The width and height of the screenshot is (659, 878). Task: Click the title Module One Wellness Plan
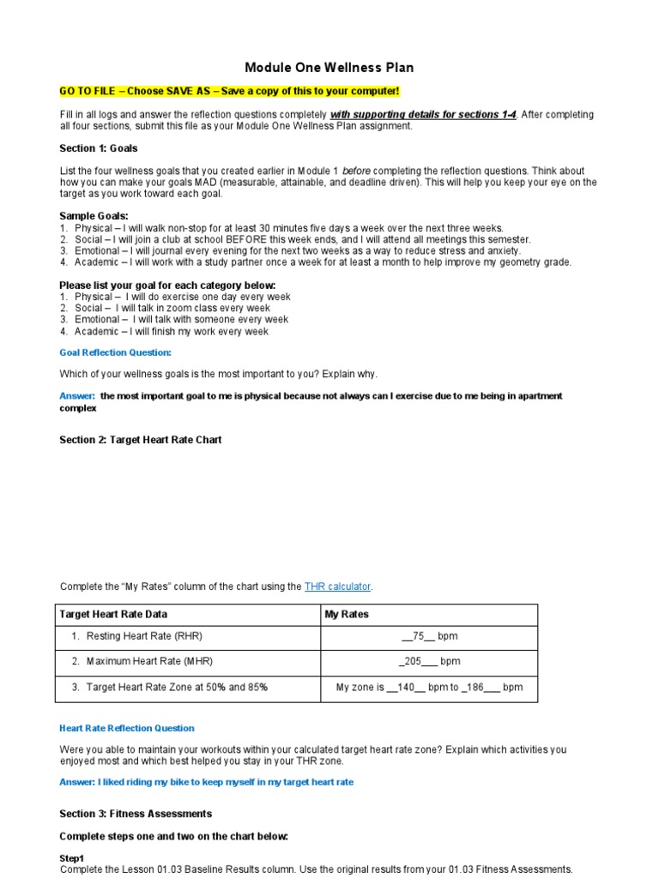click(329, 68)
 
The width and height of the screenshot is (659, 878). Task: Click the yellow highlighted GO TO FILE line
click(229, 91)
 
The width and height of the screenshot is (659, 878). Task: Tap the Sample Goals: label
click(94, 215)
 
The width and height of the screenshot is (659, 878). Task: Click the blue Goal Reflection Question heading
click(115, 352)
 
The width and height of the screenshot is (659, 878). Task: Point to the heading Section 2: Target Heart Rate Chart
click(140, 440)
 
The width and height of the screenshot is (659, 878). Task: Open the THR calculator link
click(337, 586)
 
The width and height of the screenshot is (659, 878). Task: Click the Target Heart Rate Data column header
click(113, 614)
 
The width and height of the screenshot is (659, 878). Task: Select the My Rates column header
click(347, 614)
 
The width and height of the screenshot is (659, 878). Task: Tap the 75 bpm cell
click(430, 636)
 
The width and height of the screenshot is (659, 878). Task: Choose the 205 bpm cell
click(429, 661)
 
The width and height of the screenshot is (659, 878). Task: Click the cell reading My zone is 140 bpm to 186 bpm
click(429, 687)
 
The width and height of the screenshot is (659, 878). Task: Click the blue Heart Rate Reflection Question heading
click(127, 728)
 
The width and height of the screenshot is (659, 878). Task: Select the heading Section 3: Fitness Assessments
click(136, 814)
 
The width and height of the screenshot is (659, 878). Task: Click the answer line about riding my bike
click(206, 782)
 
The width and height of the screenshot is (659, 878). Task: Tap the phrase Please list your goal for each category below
click(167, 285)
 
